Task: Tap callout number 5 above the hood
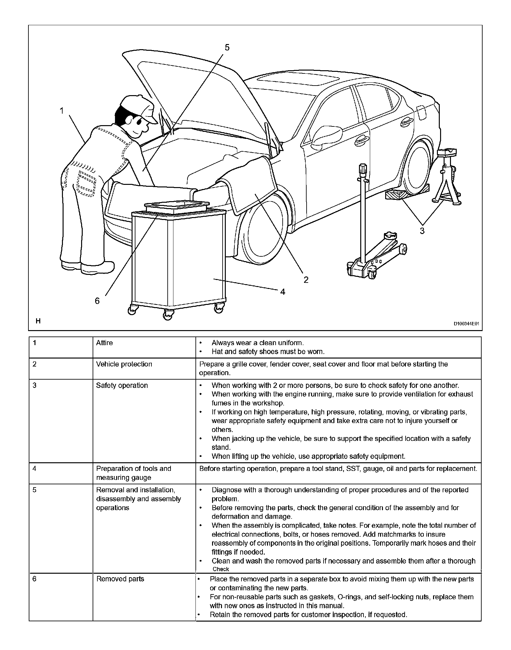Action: (x=227, y=48)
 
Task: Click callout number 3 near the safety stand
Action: (x=422, y=231)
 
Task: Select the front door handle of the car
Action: (x=361, y=139)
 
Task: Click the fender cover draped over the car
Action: (x=252, y=185)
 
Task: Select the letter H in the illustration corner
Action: (x=38, y=321)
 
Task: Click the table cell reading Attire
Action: (x=104, y=343)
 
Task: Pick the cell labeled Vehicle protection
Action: (x=124, y=364)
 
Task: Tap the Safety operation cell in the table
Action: (x=122, y=385)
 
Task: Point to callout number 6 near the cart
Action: (x=97, y=301)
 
